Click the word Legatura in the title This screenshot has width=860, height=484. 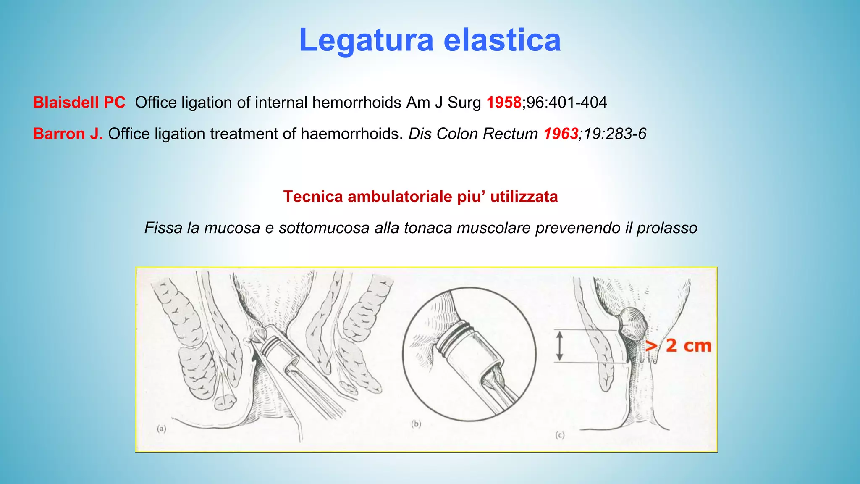[366, 41]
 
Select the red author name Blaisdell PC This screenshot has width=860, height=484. [79, 103]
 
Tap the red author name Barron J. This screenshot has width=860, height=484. [68, 134]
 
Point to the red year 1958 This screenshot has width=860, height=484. [503, 103]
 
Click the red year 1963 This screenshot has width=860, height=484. [561, 134]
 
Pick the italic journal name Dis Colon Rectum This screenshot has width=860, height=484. [473, 134]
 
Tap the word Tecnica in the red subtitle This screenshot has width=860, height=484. [313, 197]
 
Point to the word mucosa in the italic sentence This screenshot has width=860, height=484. [232, 228]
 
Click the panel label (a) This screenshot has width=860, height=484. [162, 429]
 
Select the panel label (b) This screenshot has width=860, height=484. [416, 423]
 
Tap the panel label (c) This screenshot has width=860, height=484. [560, 435]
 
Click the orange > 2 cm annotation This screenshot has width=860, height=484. [678, 346]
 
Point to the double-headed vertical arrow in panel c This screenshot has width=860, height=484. [559, 346]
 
